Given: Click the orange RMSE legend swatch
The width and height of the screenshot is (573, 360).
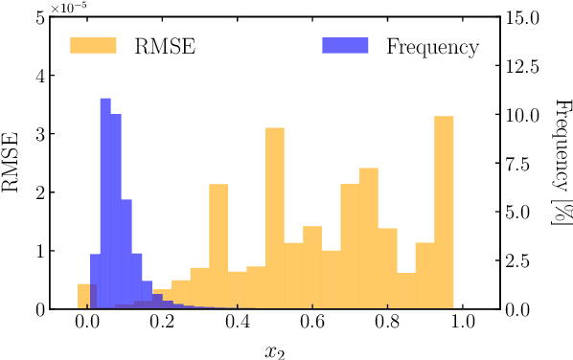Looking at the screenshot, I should (93, 46).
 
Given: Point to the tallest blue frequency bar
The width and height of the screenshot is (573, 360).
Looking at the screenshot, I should (105, 201).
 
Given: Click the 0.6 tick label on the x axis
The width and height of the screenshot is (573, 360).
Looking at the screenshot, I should (312, 325).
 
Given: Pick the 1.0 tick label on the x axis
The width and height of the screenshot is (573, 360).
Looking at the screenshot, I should (463, 325).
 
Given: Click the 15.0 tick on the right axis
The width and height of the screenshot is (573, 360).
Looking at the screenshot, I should (523, 17).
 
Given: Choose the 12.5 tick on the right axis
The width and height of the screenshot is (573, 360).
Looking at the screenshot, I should (523, 66).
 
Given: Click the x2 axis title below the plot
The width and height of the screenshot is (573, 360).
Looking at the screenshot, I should (275, 349).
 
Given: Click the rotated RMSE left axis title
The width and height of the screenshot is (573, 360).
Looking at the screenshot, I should (12, 164).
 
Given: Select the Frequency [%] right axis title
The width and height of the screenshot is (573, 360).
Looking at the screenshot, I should (560, 164).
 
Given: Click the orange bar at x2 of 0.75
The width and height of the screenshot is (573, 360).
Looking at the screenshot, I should (369, 238).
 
